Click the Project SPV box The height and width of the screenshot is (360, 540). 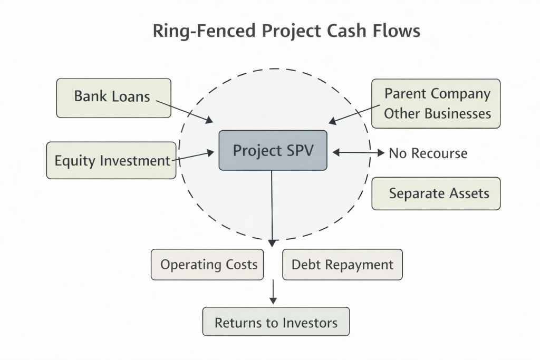(273, 150)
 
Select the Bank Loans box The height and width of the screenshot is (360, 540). (113, 98)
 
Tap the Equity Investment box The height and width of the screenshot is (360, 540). (111, 160)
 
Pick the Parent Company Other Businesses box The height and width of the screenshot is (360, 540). (436, 104)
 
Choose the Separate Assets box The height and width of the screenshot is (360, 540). (436, 193)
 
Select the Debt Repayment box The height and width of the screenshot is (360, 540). (342, 264)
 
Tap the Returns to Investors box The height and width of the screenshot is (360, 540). (276, 322)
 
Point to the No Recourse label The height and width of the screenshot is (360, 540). (428, 153)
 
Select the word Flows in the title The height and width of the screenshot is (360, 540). (399, 31)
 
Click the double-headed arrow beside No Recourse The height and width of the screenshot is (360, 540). (359, 153)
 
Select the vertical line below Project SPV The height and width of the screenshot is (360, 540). (272, 206)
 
